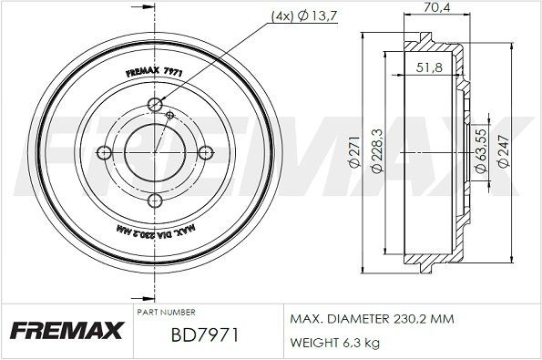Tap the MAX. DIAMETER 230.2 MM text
[x=373, y=320]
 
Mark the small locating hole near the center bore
[x=170, y=114]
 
